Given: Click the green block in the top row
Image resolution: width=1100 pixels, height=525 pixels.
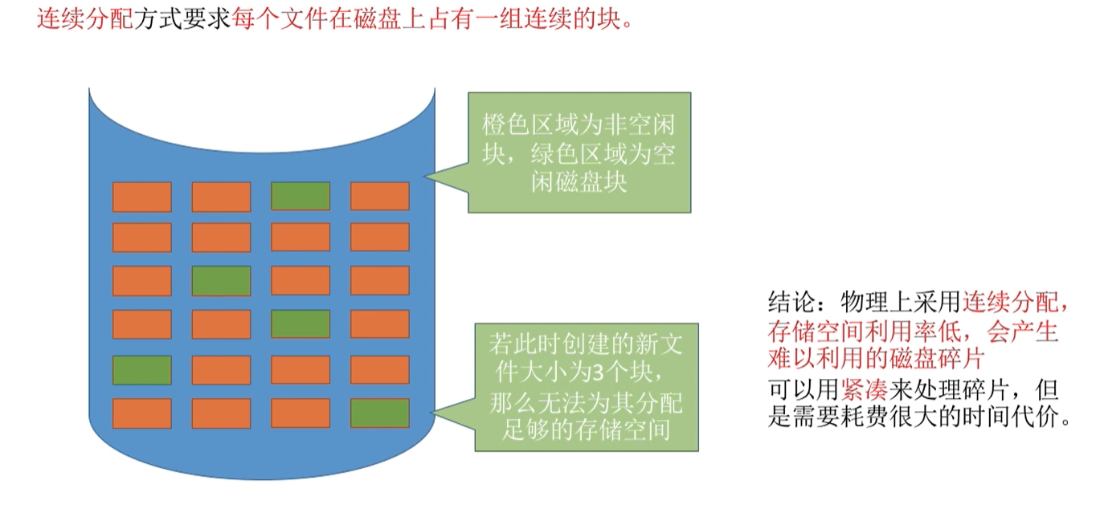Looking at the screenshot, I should tap(301, 197).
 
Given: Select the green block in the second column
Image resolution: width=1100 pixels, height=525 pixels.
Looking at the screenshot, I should tap(221, 280).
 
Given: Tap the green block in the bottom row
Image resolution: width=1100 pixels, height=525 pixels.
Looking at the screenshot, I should tap(379, 413).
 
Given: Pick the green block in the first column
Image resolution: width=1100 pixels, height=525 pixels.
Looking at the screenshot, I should tap(141, 370).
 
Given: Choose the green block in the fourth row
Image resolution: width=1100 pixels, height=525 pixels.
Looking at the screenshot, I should tap(301, 324).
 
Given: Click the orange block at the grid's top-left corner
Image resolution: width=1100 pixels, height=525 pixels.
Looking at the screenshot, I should tap(141, 197).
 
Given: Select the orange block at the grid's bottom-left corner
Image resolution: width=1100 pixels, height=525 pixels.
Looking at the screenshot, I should tap(141, 413).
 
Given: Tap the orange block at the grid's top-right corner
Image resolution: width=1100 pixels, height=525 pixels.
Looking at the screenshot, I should tap(379, 197).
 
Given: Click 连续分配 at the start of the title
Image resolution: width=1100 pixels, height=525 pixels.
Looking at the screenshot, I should tap(84, 18).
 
